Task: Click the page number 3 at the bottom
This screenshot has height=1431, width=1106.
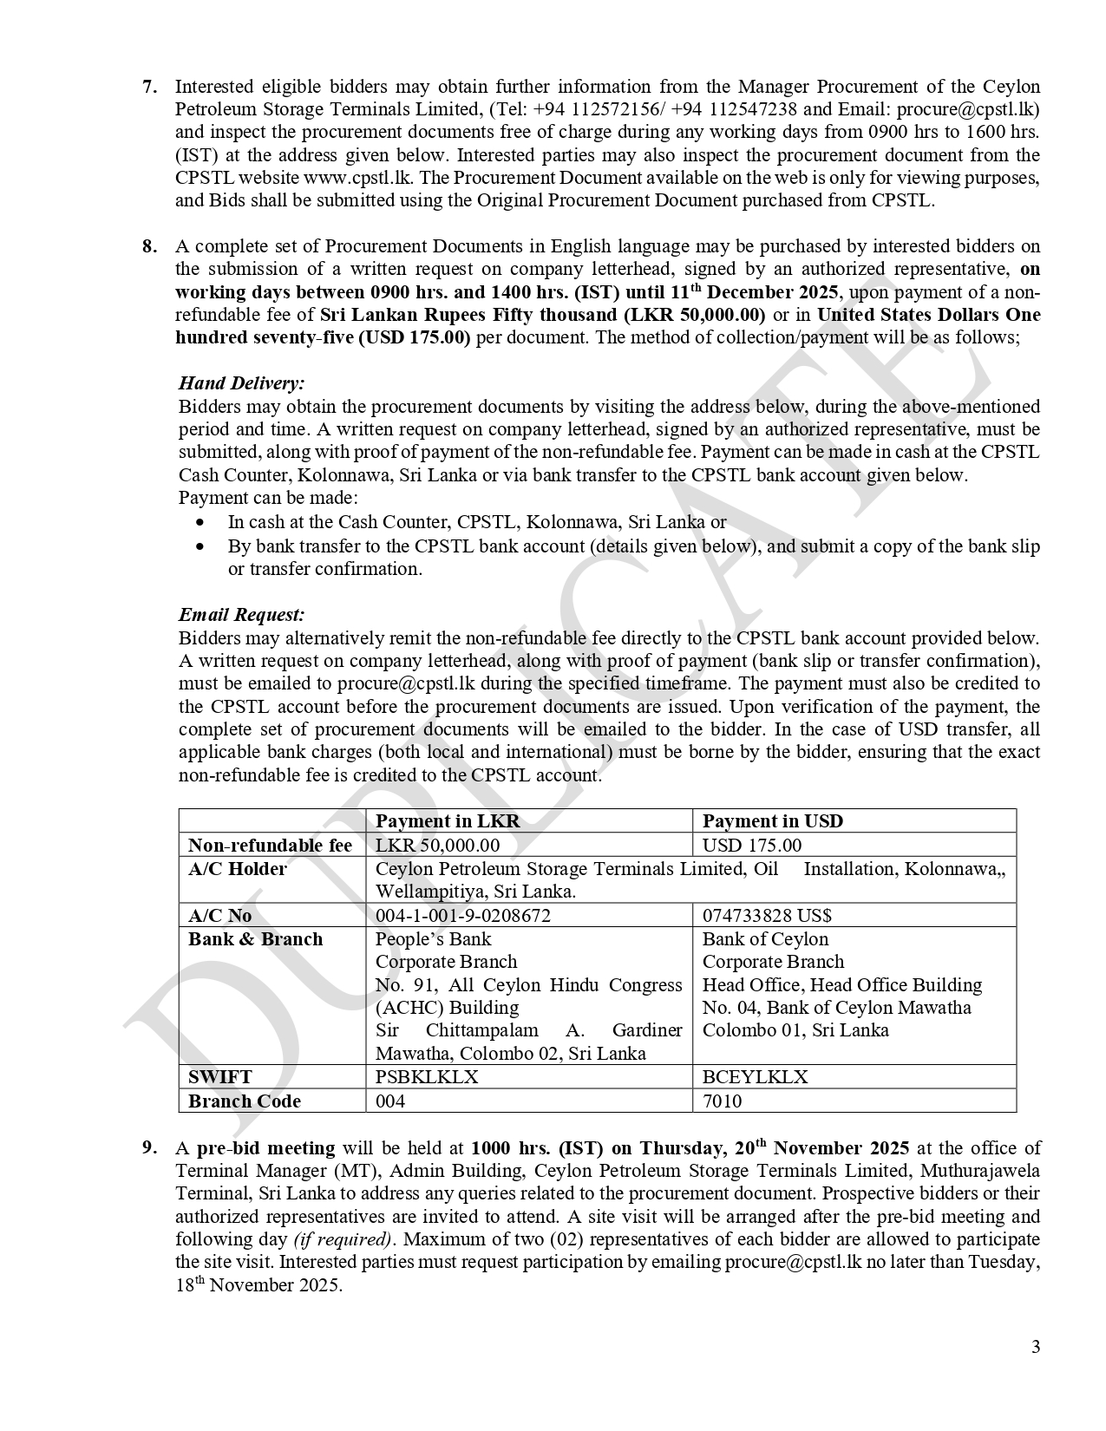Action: click(x=1035, y=1347)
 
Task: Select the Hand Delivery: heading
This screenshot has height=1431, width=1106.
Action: click(x=241, y=383)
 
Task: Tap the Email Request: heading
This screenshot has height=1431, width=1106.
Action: click(x=241, y=615)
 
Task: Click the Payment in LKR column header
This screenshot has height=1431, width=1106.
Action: click(x=448, y=821)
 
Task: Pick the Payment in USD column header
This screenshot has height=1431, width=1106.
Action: click(x=772, y=821)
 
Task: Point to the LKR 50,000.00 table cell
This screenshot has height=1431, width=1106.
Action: click(x=437, y=845)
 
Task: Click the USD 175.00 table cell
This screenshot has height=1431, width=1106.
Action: click(x=751, y=845)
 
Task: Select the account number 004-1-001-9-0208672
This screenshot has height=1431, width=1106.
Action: click(x=462, y=916)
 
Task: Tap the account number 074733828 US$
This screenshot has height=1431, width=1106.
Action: click(x=767, y=916)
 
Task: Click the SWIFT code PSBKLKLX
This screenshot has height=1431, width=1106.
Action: click(x=426, y=1077)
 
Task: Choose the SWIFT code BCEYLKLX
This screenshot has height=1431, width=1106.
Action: click(x=755, y=1077)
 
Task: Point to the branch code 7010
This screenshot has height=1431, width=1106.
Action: click(x=722, y=1101)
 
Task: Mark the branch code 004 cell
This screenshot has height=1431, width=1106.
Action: click(x=390, y=1101)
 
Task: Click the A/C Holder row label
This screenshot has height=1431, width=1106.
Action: click(x=237, y=869)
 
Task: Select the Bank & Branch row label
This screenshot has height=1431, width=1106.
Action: click(x=255, y=939)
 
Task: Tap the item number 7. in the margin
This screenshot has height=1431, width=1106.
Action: click(x=149, y=87)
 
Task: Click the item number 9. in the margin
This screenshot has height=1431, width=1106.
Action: click(x=149, y=1148)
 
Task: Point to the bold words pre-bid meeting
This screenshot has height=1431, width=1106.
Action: click(x=265, y=1148)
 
